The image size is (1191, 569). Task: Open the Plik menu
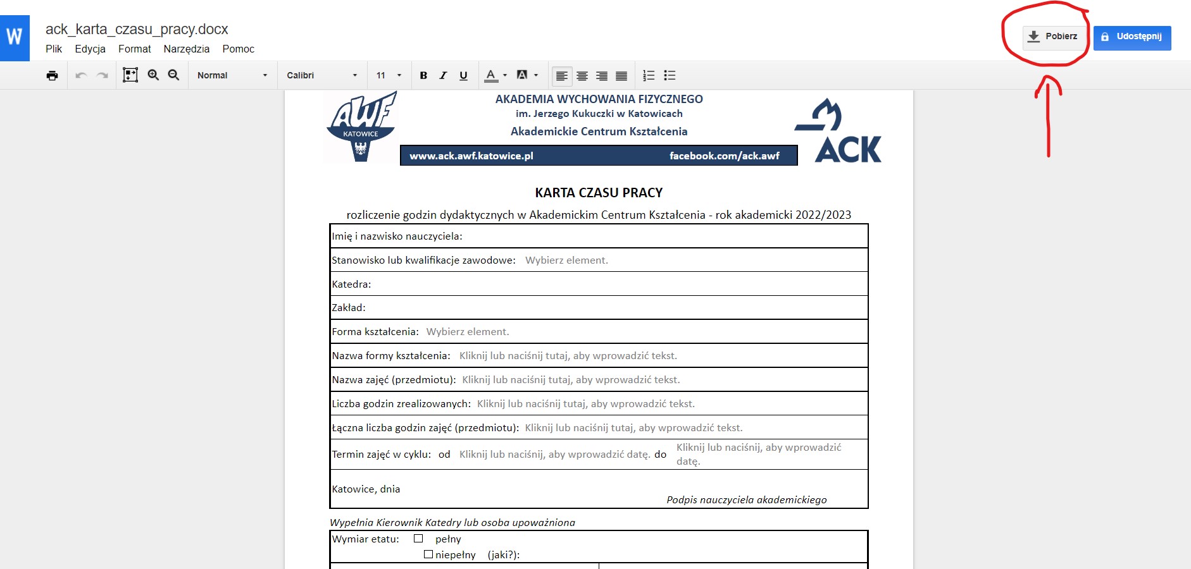(x=54, y=49)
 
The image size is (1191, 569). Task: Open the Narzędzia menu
(x=186, y=49)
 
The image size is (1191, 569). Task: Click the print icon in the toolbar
(x=52, y=75)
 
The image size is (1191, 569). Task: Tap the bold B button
(x=423, y=75)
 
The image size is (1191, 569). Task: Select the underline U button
(x=463, y=75)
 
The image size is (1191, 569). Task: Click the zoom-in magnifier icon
(x=153, y=75)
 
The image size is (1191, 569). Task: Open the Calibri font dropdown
(x=321, y=75)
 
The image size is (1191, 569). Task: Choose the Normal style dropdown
(x=232, y=75)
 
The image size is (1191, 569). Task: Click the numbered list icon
(x=649, y=75)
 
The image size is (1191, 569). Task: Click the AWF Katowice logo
(x=361, y=126)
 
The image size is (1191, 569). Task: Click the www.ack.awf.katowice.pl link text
(x=471, y=156)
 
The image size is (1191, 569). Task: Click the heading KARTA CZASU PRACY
(x=599, y=193)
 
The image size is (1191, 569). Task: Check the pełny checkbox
(x=418, y=539)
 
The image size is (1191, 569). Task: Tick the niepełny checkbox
(x=428, y=554)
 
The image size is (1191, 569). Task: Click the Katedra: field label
(x=352, y=284)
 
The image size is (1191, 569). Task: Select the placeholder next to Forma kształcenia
(x=468, y=332)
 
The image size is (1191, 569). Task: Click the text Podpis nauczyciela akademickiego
(x=747, y=499)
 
